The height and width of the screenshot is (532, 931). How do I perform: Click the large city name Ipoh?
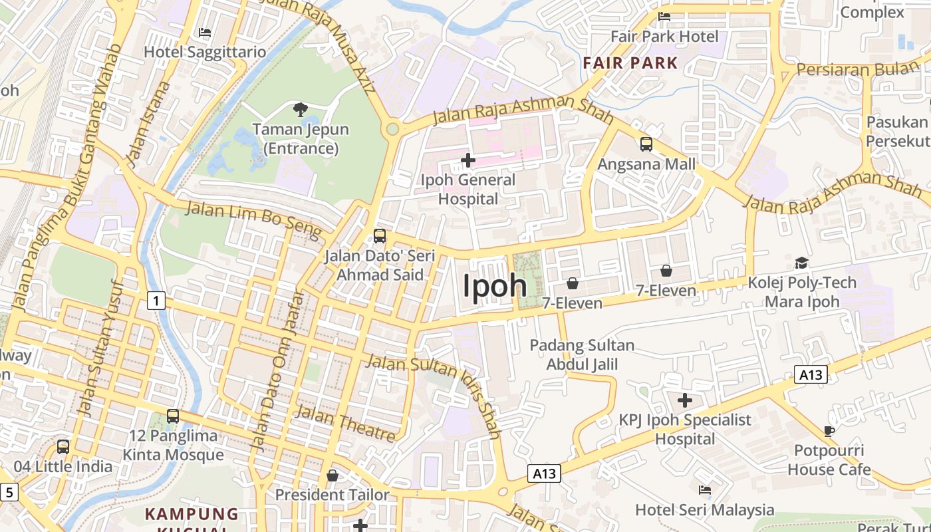point(495,285)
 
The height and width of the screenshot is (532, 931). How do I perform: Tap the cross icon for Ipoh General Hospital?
point(468,160)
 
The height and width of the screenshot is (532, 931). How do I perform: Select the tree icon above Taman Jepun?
point(301,109)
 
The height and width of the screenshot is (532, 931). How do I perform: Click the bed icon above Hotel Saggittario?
point(205,33)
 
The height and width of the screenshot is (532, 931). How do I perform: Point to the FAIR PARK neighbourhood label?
point(630,63)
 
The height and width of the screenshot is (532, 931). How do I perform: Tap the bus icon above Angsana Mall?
point(646,144)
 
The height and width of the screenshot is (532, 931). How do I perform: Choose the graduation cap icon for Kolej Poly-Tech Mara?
point(801,263)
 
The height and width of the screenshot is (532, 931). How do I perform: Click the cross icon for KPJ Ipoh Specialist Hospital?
point(685,400)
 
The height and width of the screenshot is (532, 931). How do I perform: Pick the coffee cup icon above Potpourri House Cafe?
point(829,431)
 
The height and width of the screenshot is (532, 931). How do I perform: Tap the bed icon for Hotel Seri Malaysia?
point(705,490)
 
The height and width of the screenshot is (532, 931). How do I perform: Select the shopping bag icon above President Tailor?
point(332,475)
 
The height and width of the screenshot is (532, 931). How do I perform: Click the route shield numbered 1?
point(156,301)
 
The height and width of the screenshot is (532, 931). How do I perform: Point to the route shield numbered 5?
point(8,493)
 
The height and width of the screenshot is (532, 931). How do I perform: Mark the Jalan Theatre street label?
point(345,423)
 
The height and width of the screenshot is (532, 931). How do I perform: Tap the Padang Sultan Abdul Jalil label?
point(582,354)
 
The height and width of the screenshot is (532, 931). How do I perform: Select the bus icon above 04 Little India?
point(63,446)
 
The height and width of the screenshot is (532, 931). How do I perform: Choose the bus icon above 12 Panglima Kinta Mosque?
point(173,416)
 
